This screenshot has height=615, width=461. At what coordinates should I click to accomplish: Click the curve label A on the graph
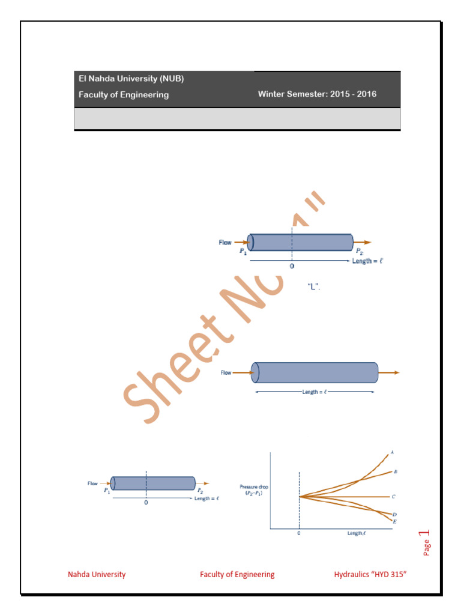pyautogui.click(x=392, y=452)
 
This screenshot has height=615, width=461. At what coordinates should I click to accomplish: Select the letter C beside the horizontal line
pyautogui.click(x=393, y=497)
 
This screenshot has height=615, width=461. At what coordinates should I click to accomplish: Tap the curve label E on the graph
pyautogui.click(x=394, y=522)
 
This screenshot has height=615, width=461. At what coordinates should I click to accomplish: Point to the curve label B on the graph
pyautogui.click(x=395, y=472)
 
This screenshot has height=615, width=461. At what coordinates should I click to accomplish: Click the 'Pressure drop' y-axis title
pyautogui.click(x=251, y=489)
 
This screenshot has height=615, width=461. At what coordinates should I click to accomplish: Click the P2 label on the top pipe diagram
pyautogui.click(x=358, y=251)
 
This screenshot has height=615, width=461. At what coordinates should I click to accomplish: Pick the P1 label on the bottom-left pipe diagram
pyautogui.click(x=106, y=491)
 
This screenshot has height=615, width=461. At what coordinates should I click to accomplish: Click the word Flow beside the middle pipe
pyautogui.click(x=226, y=372)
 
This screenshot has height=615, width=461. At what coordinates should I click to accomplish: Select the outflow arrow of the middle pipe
pyautogui.click(x=389, y=372)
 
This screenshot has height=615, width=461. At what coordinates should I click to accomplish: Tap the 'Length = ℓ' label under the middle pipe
pyautogui.click(x=315, y=392)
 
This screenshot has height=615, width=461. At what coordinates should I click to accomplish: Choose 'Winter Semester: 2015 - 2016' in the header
pyautogui.click(x=317, y=94)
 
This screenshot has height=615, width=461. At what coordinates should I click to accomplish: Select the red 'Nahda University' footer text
pyautogui.click(x=97, y=574)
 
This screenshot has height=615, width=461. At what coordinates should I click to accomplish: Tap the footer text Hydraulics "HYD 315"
pyautogui.click(x=370, y=574)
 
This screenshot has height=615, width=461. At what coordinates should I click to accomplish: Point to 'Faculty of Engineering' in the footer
pyautogui.click(x=237, y=574)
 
